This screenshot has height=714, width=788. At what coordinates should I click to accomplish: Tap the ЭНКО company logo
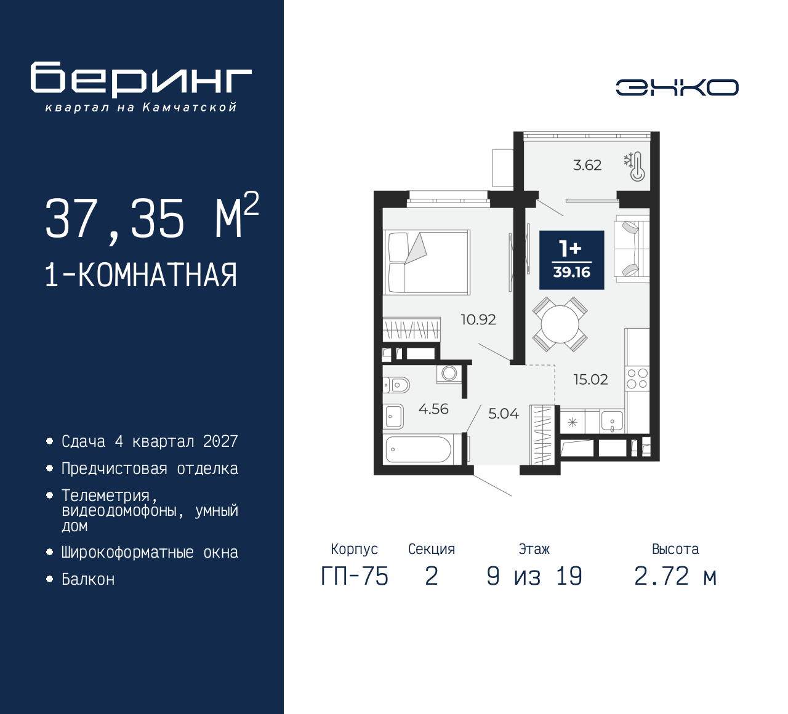677,87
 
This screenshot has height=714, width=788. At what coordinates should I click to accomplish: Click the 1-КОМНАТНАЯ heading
141,275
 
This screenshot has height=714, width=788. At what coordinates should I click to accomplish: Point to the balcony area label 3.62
587,165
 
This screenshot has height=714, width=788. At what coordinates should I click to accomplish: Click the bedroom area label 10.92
478,319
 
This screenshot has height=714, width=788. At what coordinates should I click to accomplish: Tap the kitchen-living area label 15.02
590,379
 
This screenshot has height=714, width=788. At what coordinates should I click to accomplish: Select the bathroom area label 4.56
433,409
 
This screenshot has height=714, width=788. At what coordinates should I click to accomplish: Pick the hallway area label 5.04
503,414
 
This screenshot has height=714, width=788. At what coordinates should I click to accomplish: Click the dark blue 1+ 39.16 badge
571,260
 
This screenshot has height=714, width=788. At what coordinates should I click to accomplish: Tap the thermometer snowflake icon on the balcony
635,166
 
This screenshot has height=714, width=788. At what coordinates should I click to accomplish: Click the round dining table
560,324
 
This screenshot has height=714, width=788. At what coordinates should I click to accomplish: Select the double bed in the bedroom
427,262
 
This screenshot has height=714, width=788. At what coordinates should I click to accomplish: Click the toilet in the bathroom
396,385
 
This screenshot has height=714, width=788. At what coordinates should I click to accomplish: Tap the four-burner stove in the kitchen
637,379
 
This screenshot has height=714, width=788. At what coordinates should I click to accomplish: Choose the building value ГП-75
355,576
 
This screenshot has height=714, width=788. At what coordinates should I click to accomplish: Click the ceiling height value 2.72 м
675,576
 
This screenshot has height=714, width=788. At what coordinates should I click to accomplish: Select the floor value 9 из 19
534,576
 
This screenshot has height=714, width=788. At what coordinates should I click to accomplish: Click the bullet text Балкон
88,579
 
